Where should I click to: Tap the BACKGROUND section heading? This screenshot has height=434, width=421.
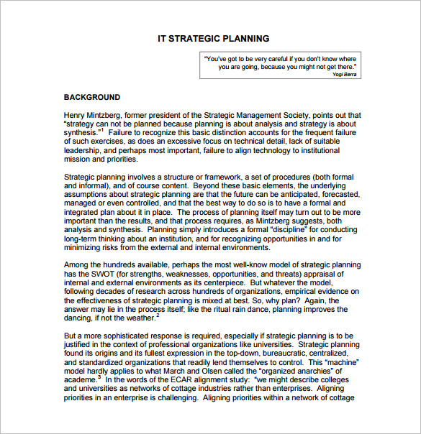92,97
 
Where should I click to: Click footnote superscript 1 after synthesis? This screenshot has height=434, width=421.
102,130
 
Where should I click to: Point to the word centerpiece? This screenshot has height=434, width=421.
222,282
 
